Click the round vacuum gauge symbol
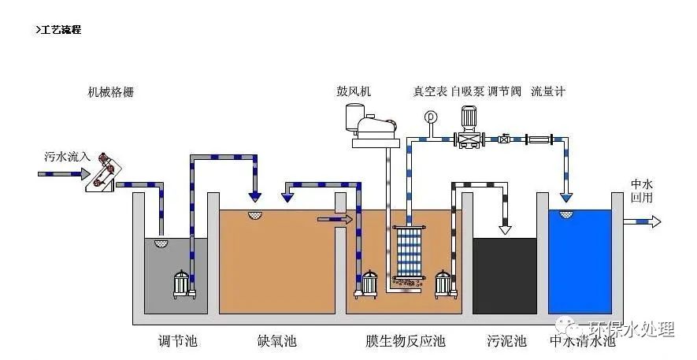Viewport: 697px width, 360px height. point(430,117)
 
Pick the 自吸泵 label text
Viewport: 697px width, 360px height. point(467,91)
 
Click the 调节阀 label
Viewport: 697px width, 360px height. point(504,91)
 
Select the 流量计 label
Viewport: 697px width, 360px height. point(548,91)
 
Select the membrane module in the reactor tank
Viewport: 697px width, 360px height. point(408,252)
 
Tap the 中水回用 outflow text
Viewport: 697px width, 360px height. point(643,191)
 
